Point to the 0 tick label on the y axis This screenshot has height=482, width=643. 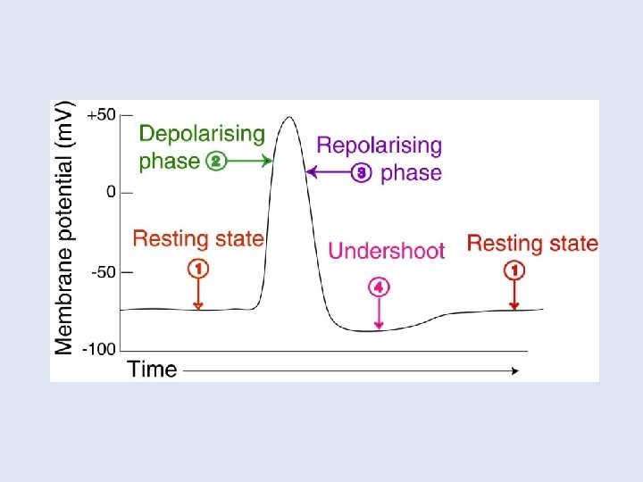click(x=110, y=192)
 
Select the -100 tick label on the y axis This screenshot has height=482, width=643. click(x=99, y=348)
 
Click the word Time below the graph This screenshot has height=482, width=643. click(x=152, y=369)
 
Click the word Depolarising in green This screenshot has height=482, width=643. click(x=203, y=134)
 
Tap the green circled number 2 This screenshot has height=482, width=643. click(x=215, y=162)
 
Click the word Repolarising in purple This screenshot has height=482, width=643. click(x=380, y=145)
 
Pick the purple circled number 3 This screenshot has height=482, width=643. click(x=362, y=173)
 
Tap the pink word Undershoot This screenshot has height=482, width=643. click(x=386, y=251)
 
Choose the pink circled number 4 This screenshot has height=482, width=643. click(x=380, y=287)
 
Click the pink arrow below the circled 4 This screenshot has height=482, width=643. click(x=380, y=312)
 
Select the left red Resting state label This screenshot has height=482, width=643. click(x=198, y=238)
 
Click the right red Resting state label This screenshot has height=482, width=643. click(x=532, y=243)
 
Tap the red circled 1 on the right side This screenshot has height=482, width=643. click(x=514, y=269)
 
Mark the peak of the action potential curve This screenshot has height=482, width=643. click(x=288, y=117)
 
